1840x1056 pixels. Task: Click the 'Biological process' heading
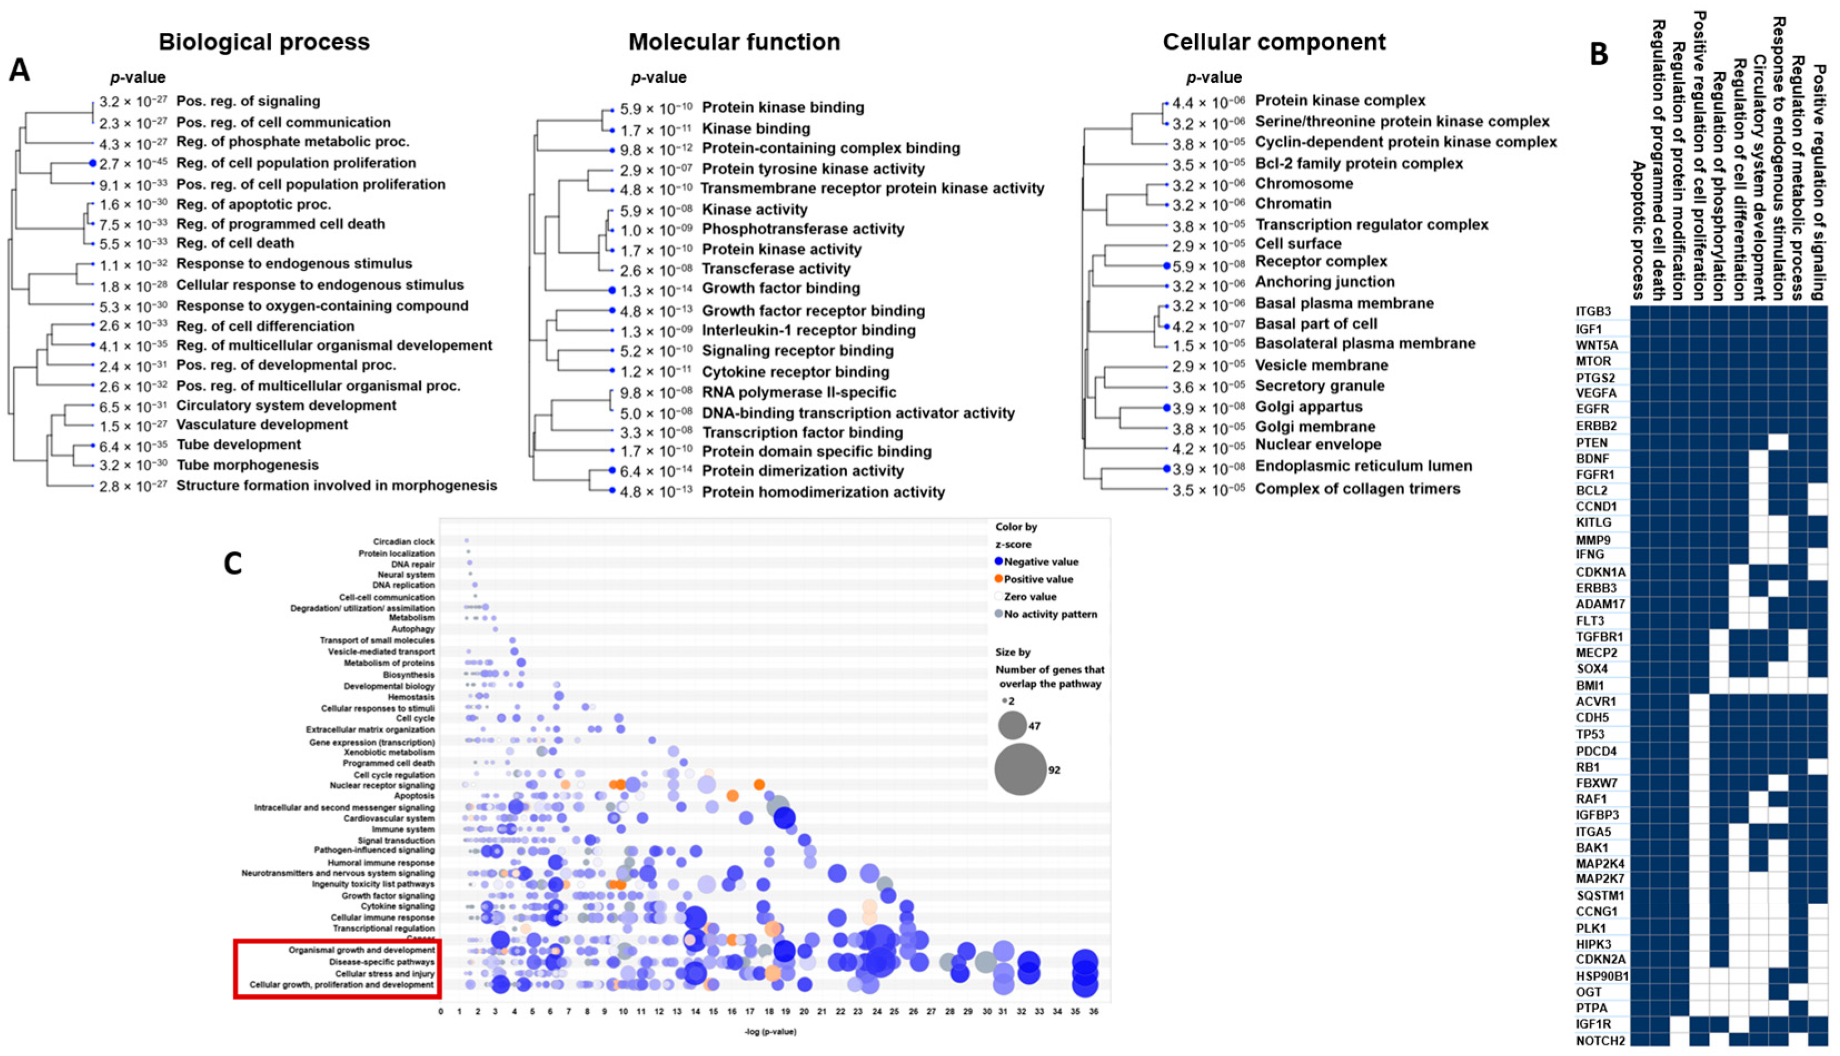click(264, 42)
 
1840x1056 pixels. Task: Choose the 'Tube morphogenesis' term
click(247, 465)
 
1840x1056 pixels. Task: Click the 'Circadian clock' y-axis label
click(404, 542)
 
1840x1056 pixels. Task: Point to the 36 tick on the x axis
click(1093, 1011)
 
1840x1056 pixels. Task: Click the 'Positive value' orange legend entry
click(1037, 579)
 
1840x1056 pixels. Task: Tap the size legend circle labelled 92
click(1020, 770)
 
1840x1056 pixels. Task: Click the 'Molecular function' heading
click(734, 42)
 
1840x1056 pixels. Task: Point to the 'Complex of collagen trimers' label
click(1357, 489)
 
